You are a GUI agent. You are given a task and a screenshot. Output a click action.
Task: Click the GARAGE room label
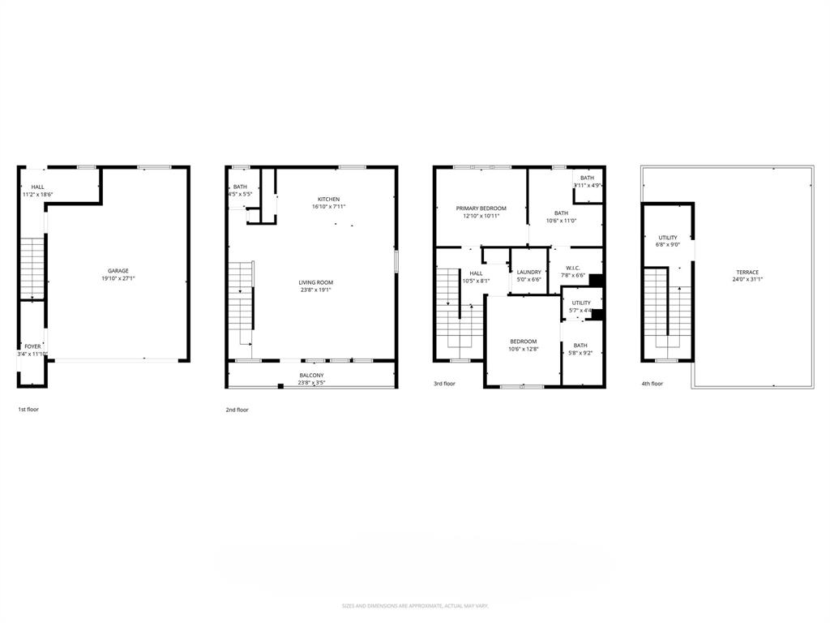pos(118,271)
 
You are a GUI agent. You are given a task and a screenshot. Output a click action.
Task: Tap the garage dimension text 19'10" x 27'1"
pos(118,278)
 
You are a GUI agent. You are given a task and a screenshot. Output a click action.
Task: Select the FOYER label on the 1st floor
pos(32,346)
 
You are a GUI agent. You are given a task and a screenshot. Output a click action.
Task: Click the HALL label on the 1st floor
pos(38,187)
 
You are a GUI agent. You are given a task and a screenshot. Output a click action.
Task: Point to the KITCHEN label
pos(328,199)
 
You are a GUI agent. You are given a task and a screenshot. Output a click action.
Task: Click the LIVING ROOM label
pos(315,282)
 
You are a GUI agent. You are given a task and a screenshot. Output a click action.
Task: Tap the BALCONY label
pos(311,375)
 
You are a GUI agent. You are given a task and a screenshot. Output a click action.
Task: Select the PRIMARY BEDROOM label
pos(481,208)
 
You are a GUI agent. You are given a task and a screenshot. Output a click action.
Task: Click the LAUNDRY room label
pos(528,272)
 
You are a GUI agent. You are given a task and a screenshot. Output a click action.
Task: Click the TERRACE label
pos(747,272)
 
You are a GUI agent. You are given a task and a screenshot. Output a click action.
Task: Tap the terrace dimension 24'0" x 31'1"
pos(747,279)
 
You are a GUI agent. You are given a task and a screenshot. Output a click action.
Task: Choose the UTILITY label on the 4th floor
pos(667,238)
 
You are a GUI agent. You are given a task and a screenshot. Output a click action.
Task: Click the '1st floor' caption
pos(28,410)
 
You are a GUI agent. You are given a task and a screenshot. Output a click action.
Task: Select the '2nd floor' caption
pos(237,410)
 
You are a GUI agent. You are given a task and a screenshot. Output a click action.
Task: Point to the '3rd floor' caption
pos(444,384)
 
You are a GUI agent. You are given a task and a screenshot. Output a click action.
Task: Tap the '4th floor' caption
pos(652,384)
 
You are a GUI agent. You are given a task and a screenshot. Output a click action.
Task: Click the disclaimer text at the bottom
pos(414,606)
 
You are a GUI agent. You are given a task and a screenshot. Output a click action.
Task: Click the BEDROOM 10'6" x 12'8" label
pos(523,342)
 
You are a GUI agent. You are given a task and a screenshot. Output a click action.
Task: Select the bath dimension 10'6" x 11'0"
pos(561,221)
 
